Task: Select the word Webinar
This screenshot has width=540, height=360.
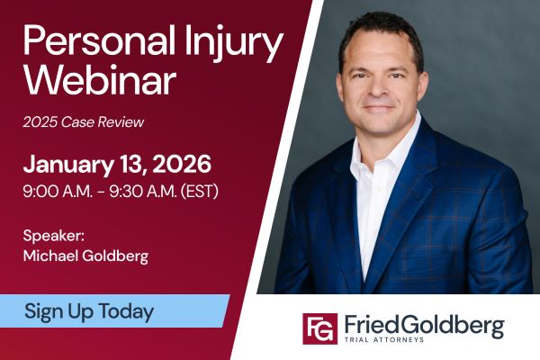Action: tap(99, 81)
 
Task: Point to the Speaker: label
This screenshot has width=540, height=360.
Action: tap(54, 236)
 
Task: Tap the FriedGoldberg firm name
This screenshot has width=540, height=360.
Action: tap(422, 323)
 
